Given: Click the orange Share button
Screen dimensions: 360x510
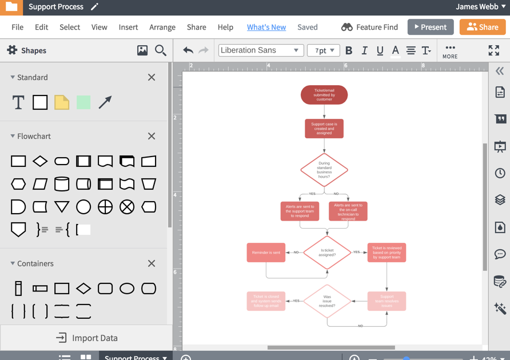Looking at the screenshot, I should click(483, 27).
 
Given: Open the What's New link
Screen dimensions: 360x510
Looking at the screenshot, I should click(266, 27).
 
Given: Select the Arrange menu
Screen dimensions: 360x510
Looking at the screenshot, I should click(162, 27).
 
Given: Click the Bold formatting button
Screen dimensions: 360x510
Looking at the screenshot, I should click(349, 50).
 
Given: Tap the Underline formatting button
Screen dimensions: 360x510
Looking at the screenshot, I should click(380, 50).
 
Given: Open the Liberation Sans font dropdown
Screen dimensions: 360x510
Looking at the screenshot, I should click(260, 50).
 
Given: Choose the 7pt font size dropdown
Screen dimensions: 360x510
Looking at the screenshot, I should click(324, 50).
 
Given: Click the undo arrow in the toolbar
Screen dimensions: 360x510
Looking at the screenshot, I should click(188, 50).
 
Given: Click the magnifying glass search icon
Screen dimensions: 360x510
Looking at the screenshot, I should click(161, 50).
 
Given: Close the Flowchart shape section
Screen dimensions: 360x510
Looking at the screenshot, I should click(152, 136).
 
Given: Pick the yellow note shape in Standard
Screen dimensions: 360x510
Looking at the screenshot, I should click(62, 102).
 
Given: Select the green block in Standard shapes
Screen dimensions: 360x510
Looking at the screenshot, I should click(83, 102).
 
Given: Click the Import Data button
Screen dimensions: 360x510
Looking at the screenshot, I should click(87, 338).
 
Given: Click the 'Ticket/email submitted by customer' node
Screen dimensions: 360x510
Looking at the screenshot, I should click(324, 95).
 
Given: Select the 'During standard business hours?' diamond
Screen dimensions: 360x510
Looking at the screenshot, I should click(324, 170).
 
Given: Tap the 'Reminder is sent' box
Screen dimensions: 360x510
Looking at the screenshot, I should click(266, 253).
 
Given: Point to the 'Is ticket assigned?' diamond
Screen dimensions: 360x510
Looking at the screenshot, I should click(327, 253).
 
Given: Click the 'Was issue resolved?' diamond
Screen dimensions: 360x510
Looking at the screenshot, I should click(327, 301).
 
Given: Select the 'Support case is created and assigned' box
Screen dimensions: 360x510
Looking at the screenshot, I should click(324, 129).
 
